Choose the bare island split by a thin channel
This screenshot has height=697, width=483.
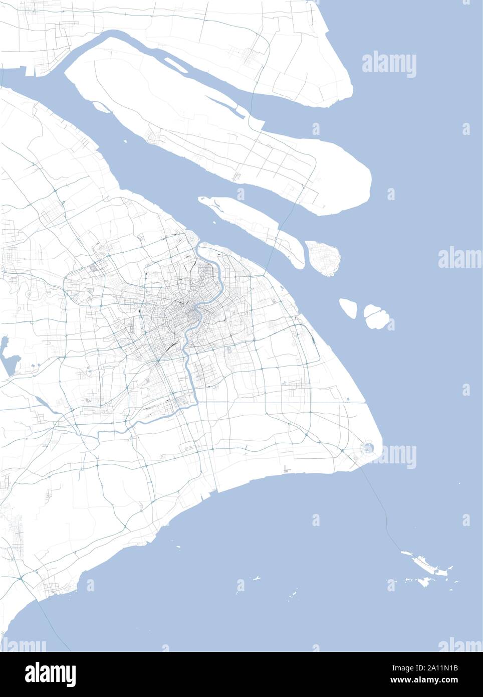pos(377,316)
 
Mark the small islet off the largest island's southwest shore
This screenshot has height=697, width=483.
pos(101,106)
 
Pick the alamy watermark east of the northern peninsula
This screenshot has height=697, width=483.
pos(389,64)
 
